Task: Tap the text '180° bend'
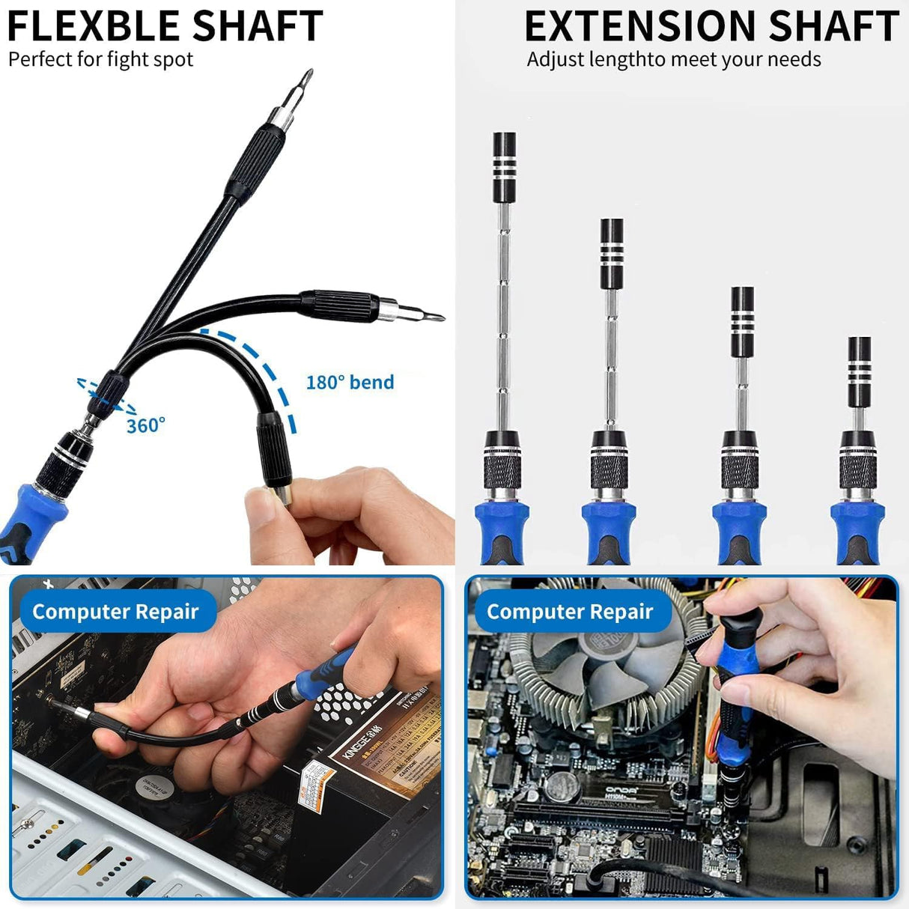pyautogui.click(x=350, y=383)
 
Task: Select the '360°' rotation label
pyautogui.click(x=145, y=426)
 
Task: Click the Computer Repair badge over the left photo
pyautogui.click(x=115, y=612)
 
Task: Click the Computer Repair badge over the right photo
pyautogui.click(x=570, y=612)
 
